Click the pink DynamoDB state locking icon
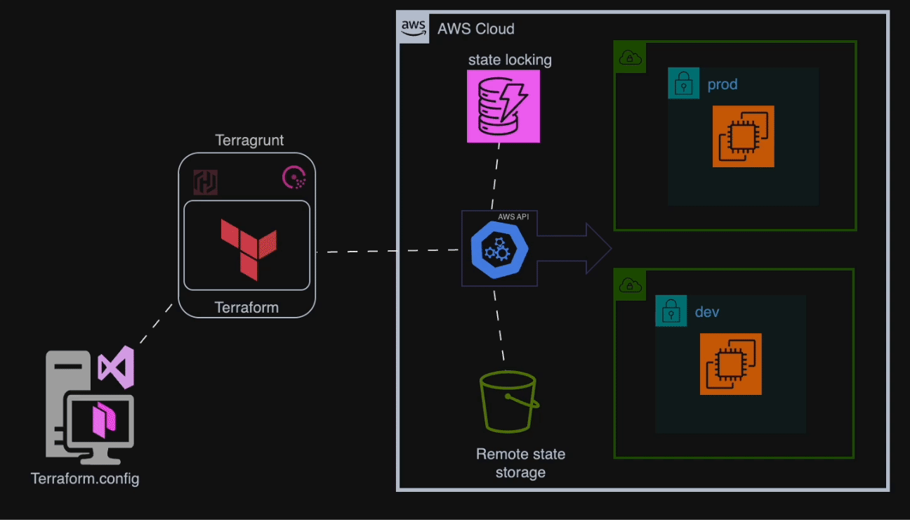503,106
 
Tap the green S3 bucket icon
508,403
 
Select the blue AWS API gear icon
499,250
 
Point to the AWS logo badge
414,28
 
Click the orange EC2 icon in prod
743,136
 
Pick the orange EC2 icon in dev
730,364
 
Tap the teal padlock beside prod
683,84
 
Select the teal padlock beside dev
671,311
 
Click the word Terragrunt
249,140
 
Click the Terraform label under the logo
246,308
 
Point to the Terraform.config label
85,479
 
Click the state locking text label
510,60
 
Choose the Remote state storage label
520,463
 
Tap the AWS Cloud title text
476,29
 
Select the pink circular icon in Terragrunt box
294,178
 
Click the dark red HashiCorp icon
206,182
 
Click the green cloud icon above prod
630,58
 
